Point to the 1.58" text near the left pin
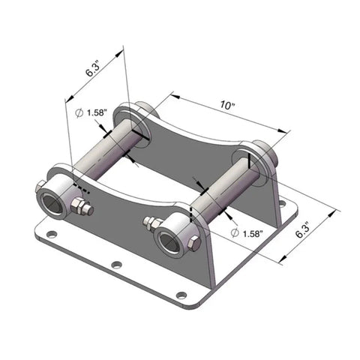tap(97, 112)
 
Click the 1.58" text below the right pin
tap(250, 234)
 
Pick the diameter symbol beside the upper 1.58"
tap(79, 112)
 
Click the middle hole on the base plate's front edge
tap(115, 265)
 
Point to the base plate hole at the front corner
tap(180, 295)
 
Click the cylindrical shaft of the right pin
tap(225, 189)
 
